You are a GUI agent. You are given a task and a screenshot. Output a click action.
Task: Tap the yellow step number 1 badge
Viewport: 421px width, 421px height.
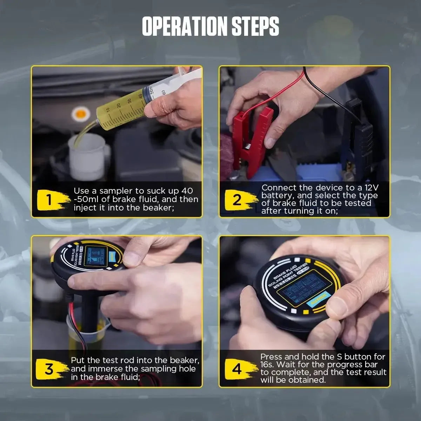[x=51, y=200]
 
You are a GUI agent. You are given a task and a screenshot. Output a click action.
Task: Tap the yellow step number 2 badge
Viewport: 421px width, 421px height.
[x=238, y=200]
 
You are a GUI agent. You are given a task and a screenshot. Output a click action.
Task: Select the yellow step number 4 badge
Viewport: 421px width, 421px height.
[x=238, y=369]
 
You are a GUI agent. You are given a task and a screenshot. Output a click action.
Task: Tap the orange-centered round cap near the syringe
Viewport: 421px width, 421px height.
[x=80, y=113]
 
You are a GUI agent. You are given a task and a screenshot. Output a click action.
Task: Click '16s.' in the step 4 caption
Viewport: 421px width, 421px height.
[x=268, y=365]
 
